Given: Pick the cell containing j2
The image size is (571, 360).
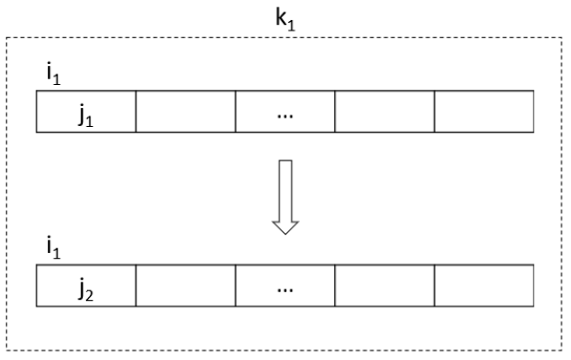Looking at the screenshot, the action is [x=86, y=286].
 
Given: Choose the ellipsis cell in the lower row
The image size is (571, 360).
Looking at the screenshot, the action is [x=285, y=286].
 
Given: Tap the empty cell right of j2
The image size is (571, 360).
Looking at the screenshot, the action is [x=185, y=286].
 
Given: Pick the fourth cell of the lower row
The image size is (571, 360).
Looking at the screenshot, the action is [x=384, y=286].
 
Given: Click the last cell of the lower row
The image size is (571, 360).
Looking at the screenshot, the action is [x=483, y=286].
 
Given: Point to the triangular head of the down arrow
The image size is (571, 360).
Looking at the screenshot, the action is [x=285, y=227].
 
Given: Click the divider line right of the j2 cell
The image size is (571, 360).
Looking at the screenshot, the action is [x=136, y=286].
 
